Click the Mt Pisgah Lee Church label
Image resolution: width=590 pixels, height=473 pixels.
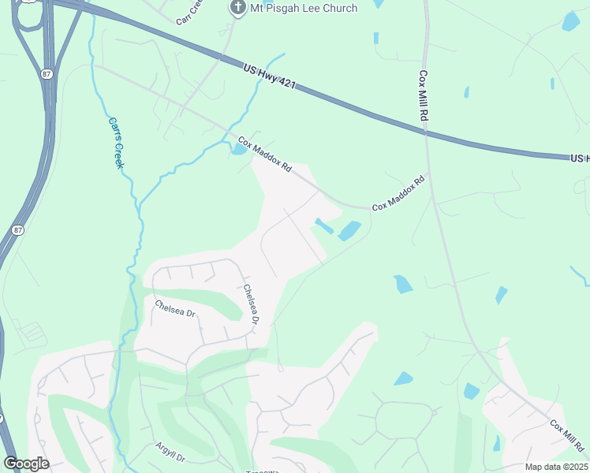tap(304, 8)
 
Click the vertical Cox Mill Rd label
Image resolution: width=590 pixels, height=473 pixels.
tap(423, 95)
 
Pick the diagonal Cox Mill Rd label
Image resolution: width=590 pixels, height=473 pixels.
tap(566, 436)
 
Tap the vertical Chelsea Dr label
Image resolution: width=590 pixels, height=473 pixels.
tap(251, 304)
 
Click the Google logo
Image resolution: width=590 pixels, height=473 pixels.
tap(26, 464)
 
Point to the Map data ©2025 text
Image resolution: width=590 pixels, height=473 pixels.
tap(555, 467)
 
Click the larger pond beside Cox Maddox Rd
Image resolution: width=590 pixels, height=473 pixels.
tap(349, 231)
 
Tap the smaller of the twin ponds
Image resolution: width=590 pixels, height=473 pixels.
tap(323, 225)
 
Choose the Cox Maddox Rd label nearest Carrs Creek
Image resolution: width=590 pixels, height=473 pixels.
tap(265, 155)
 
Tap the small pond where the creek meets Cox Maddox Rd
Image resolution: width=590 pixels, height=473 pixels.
tap(237, 149)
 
